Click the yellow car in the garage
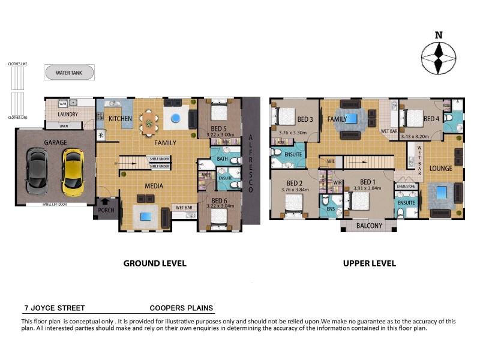pyautogui.click(x=72, y=173)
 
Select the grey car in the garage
pyautogui.click(x=37, y=173)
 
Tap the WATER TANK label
pyautogui.click(x=69, y=73)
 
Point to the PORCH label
pyautogui.click(x=106, y=211)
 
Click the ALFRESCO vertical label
pyautogui.click(x=251, y=164)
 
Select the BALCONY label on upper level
pyautogui.click(x=369, y=226)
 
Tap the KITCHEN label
pyautogui.click(x=120, y=119)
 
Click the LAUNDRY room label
pyautogui.click(x=70, y=115)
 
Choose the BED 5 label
pyautogui.click(x=219, y=128)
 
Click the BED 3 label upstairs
pyautogui.click(x=305, y=119)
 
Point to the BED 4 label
pyautogui.click(x=431, y=119)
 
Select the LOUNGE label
pyautogui.click(x=440, y=169)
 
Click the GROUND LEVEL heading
pyautogui.click(x=155, y=263)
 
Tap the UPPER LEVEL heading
pyautogui.click(x=369, y=263)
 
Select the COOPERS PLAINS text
pyautogui.click(x=181, y=308)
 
